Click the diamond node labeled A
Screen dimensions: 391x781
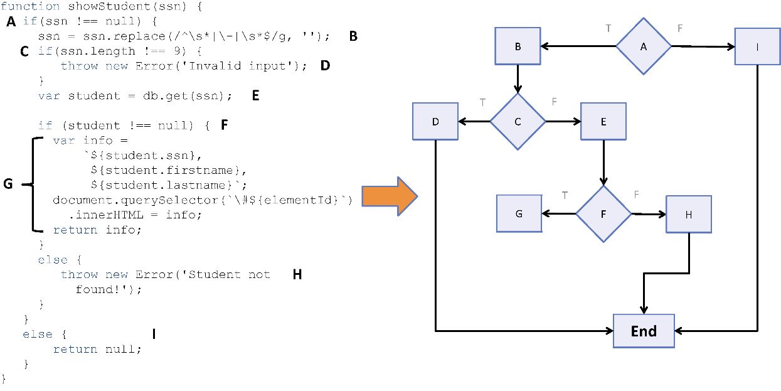(x=644, y=46)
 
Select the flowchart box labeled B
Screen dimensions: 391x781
(x=518, y=46)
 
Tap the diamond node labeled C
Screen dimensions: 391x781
(x=518, y=122)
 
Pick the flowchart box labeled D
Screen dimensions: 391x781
(x=435, y=121)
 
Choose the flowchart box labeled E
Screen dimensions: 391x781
(x=603, y=122)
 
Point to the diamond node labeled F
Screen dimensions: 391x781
(x=603, y=213)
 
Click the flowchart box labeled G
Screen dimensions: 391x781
(x=519, y=213)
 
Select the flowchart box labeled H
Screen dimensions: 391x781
(x=689, y=214)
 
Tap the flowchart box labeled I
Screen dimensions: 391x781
(x=758, y=46)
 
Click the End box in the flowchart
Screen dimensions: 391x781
(x=644, y=330)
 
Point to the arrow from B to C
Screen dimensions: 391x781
(x=518, y=79)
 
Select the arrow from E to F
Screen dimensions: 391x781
(x=603, y=163)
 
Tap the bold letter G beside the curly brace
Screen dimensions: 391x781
(x=8, y=184)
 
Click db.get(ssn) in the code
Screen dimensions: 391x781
(x=189, y=96)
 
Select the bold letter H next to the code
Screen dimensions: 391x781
(x=297, y=274)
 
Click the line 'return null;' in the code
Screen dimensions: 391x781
(x=97, y=349)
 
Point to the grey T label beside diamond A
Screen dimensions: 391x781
(x=608, y=28)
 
